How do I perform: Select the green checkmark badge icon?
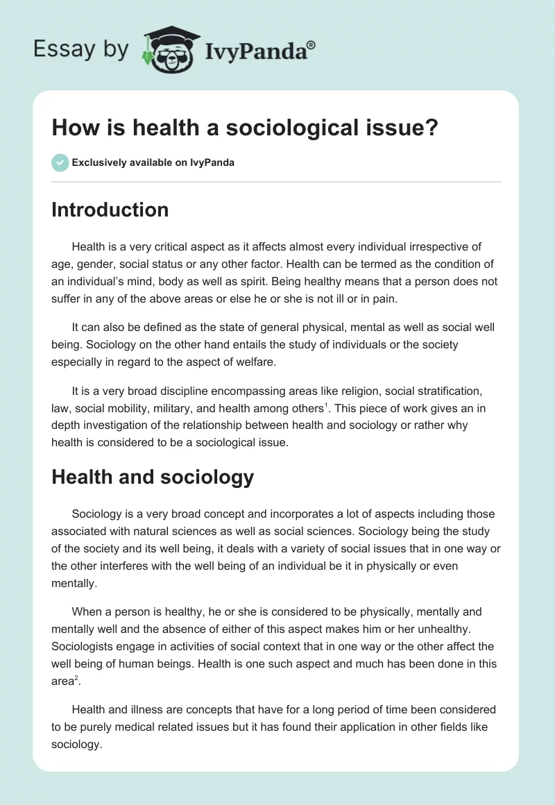[60, 162]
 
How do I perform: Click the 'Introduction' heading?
[110, 210]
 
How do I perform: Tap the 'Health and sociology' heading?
[153, 477]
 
